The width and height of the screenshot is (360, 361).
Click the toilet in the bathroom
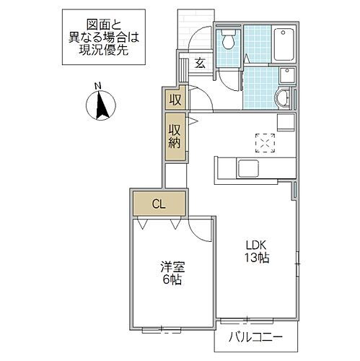pos(229,40)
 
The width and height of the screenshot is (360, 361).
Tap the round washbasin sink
pos(282,98)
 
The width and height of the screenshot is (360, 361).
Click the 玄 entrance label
pos(200,63)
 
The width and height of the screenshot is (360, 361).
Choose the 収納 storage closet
pos(175,137)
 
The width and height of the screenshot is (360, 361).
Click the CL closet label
pos(158,204)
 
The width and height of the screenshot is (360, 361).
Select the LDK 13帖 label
pos(256,250)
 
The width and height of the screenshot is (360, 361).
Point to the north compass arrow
pos(101,108)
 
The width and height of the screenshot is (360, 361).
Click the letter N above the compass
pos(99,88)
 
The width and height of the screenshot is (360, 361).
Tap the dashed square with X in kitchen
pos(265,143)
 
